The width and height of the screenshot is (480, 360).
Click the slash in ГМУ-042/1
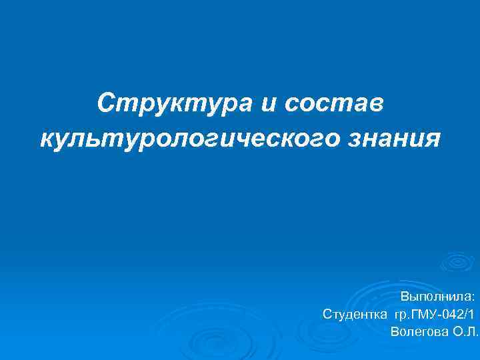pyautogui.click(x=464, y=314)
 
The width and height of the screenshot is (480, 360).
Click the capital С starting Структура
pyautogui.click(x=105, y=103)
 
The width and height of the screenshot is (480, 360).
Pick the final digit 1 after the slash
pyautogui.click(x=470, y=314)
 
